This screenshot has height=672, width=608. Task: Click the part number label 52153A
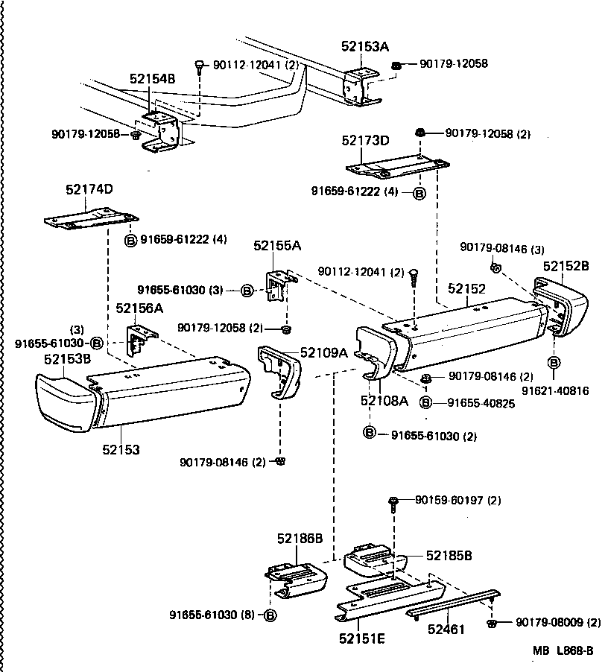pos(365,46)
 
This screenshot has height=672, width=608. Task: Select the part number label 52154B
pos(152,78)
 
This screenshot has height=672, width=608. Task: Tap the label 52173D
pos(365,140)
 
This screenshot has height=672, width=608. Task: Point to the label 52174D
pos(89,189)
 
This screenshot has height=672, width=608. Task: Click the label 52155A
pos(276,246)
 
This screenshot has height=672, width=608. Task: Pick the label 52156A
pos(139,308)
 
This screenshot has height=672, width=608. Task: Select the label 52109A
pos(324,353)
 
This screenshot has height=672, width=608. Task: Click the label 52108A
pos(384,401)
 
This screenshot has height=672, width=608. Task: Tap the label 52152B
pos(566,265)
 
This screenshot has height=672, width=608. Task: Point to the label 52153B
pos(67,359)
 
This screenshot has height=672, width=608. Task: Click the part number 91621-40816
pos(554,390)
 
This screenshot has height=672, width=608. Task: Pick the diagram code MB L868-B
pos(563,650)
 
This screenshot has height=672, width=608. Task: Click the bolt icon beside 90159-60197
pos(393,503)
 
